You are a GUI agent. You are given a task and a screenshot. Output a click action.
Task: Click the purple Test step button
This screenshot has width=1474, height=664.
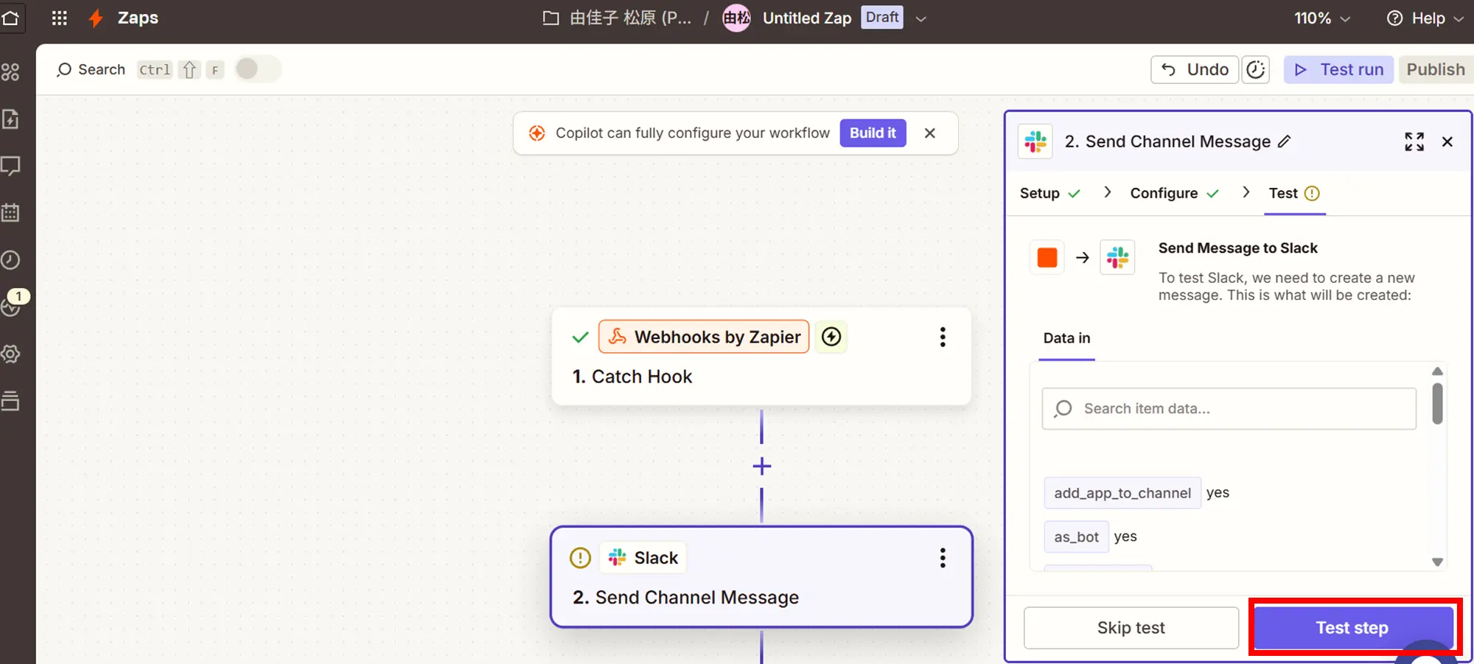1353,627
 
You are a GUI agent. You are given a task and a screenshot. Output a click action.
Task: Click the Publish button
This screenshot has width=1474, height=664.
1436,69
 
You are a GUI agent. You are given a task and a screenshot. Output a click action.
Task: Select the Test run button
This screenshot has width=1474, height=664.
1338,69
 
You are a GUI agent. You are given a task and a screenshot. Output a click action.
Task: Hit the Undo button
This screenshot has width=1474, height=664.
1195,69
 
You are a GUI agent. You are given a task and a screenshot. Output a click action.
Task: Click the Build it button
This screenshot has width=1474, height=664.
873,133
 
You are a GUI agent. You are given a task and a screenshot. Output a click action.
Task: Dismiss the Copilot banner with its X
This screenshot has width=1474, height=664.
930,133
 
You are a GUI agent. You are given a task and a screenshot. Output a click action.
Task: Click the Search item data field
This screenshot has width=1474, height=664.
1229,408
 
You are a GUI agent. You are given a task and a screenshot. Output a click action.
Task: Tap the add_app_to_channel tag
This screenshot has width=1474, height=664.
1122,493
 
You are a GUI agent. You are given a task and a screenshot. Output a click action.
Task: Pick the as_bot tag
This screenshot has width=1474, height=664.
1076,537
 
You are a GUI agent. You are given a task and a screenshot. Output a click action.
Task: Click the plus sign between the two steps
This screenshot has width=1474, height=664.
762,466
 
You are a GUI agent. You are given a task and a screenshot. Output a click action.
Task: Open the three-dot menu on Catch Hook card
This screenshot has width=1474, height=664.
943,337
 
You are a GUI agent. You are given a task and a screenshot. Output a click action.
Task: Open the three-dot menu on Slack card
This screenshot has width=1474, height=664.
943,558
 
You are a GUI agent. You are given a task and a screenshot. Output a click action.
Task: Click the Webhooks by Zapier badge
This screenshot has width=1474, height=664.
704,337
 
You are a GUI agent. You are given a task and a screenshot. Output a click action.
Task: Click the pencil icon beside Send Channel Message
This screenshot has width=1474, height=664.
1284,141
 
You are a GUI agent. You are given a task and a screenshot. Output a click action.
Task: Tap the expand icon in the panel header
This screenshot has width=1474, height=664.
1414,141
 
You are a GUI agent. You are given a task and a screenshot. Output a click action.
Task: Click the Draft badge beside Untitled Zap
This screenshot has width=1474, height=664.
882,18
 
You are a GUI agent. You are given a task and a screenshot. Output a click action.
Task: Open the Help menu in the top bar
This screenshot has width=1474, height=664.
1425,18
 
